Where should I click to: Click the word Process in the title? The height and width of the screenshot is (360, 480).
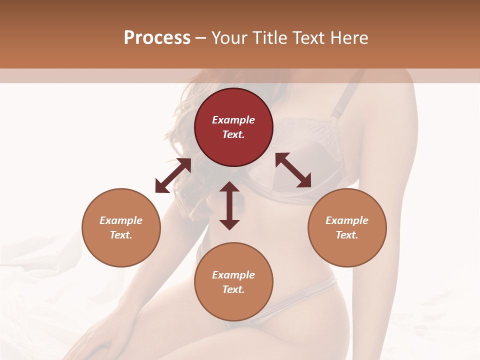(157, 37)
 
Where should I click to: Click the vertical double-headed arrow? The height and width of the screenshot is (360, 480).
(229, 205)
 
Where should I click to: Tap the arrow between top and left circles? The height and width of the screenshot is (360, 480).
(173, 175)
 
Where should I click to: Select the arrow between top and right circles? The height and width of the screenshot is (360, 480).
(293, 170)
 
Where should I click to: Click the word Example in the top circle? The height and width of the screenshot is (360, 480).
(233, 120)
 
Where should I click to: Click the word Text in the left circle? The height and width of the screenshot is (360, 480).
(121, 235)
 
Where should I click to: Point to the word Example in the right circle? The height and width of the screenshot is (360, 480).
(347, 220)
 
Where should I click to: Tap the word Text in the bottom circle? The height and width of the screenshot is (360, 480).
(233, 289)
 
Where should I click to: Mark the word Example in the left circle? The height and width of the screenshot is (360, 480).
(121, 220)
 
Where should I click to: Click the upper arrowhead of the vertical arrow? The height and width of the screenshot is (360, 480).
(229, 187)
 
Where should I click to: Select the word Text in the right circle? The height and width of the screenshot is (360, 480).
(347, 235)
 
